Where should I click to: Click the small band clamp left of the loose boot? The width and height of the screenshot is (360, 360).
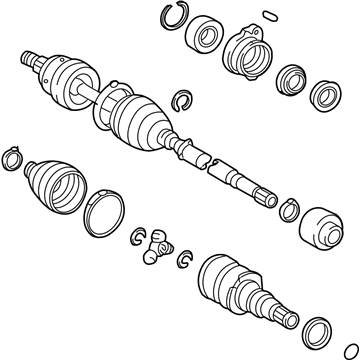coord(14,158)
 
